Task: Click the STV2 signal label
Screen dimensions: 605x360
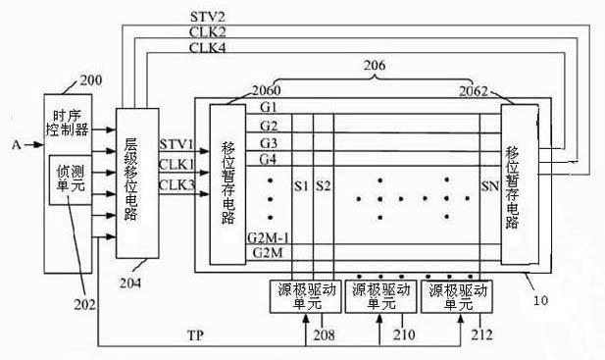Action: tap(208, 17)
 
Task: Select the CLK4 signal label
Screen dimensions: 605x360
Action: tap(207, 48)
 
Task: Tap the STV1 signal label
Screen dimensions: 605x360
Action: tap(176, 144)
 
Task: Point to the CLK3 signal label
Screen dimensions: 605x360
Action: tap(176, 184)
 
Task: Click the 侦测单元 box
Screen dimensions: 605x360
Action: tap(71, 180)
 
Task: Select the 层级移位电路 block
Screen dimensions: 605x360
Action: tap(137, 183)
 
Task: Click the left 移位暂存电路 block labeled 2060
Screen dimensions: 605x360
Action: tap(227, 184)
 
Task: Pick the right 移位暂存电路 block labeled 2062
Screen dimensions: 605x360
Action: tap(520, 184)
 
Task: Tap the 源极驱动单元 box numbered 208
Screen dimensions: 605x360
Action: tap(305, 296)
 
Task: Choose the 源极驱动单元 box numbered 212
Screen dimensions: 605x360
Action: tap(457, 296)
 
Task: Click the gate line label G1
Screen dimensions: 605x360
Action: tap(269, 107)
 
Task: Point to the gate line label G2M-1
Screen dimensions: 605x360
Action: tap(269, 238)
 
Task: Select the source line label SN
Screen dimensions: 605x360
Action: tap(490, 186)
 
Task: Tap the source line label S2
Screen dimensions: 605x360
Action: tap(324, 186)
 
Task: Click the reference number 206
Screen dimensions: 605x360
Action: tap(375, 65)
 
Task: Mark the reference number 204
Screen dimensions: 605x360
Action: tap(130, 283)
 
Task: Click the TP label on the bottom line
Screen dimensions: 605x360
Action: tap(196, 335)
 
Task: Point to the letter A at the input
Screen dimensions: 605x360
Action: tap(17, 145)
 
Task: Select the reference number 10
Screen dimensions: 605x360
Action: tap(540, 300)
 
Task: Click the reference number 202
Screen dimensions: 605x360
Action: tap(85, 304)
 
